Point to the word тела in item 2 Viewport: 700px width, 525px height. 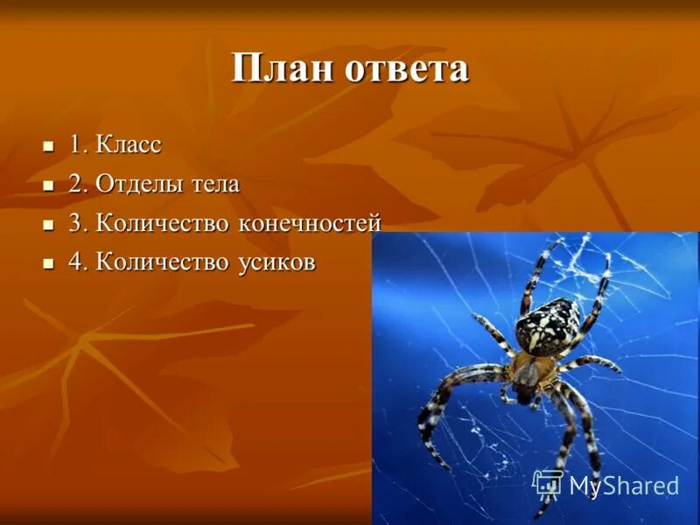(x=213, y=185)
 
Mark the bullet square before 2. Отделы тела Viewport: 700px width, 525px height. (x=49, y=185)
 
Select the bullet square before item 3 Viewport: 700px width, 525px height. (x=49, y=224)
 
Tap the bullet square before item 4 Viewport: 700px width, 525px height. (x=49, y=262)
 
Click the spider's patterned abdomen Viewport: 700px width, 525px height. (x=547, y=325)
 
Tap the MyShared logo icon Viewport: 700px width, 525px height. (x=548, y=484)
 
